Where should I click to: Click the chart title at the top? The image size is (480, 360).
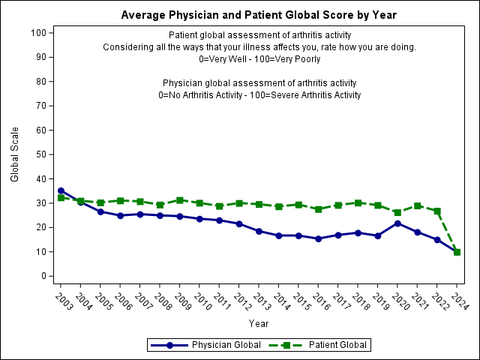pos(259,15)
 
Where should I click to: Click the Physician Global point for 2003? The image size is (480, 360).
pos(61,190)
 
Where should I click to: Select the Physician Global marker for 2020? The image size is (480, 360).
pos(397,223)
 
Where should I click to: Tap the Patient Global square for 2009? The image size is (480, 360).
pos(179,200)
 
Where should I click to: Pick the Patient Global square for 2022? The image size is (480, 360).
pos(437,211)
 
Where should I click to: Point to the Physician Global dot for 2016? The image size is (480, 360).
pos(319,238)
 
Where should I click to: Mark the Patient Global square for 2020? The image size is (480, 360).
pos(397,212)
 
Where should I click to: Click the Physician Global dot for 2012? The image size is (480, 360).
pos(239,223)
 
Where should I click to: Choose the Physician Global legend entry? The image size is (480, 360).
pos(205,345)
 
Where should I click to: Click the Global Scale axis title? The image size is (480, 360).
pos(15,154)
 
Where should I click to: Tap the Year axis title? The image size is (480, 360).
pos(259,324)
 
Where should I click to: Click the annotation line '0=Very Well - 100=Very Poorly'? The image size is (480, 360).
pos(259,59)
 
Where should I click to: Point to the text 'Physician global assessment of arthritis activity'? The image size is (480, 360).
pos(259,82)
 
